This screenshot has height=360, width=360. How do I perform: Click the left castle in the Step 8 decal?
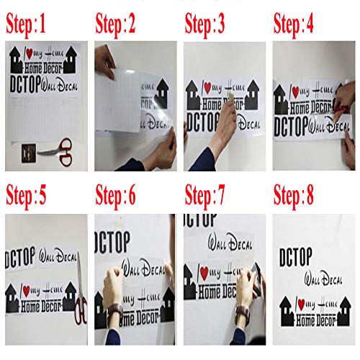(284, 307)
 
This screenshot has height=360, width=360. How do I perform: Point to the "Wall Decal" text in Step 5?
(58, 257)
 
